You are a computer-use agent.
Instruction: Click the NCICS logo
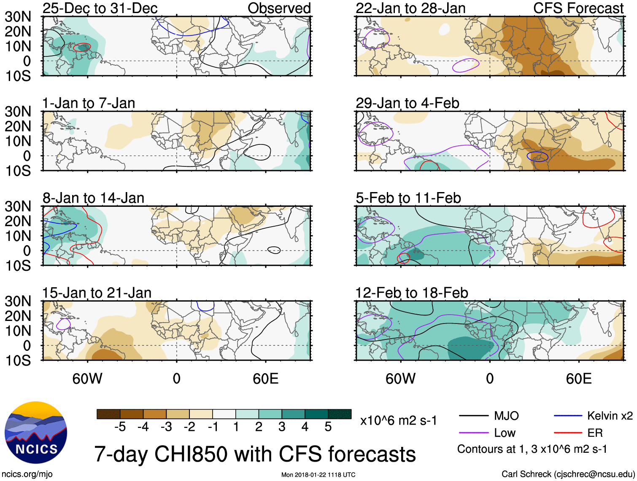click(x=36, y=433)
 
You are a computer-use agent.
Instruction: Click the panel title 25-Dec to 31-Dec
click(x=100, y=8)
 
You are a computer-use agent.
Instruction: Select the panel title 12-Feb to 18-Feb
click(x=412, y=293)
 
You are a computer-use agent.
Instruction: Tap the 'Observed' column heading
click(x=279, y=8)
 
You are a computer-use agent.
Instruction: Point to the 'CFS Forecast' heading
click(x=578, y=8)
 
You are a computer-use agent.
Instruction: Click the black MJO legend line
click(x=474, y=416)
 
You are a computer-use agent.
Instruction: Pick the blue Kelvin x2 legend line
click(x=568, y=416)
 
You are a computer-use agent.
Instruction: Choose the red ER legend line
click(x=568, y=433)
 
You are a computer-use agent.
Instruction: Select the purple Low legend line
click(x=474, y=433)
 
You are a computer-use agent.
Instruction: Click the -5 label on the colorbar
click(x=120, y=427)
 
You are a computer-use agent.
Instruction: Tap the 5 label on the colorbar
click(x=328, y=427)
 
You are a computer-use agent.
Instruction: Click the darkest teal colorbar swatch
click(x=340, y=414)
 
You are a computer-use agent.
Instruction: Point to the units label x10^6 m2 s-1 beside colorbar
click(x=398, y=420)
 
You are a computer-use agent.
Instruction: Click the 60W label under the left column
click(x=87, y=379)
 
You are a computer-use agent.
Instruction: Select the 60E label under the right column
click(x=578, y=379)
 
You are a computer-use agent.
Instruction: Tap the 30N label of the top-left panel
click(x=18, y=17)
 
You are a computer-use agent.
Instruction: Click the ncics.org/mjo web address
click(x=27, y=474)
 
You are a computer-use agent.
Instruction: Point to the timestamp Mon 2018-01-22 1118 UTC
click(x=318, y=475)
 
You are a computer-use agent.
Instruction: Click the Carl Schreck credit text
click(x=568, y=474)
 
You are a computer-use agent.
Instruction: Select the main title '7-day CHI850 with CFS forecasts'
click(x=255, y=454)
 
